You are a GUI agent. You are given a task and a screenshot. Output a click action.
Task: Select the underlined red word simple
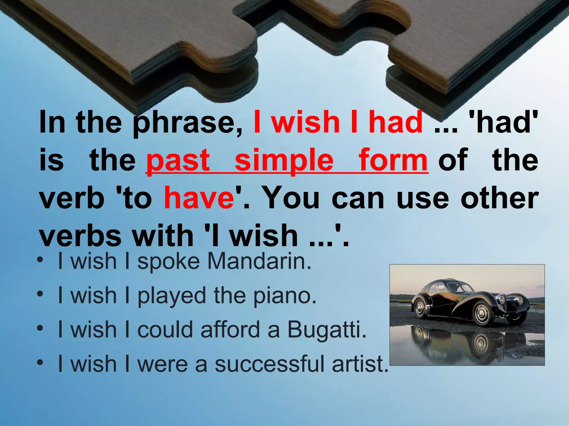[284, 160]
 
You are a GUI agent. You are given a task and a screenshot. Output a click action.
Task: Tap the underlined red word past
[178, 160]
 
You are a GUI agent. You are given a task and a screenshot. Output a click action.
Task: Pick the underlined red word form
[393, 160]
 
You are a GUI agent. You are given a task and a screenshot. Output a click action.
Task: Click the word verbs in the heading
[80, 236]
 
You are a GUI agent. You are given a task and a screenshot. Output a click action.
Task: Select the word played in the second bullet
[172, 296]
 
